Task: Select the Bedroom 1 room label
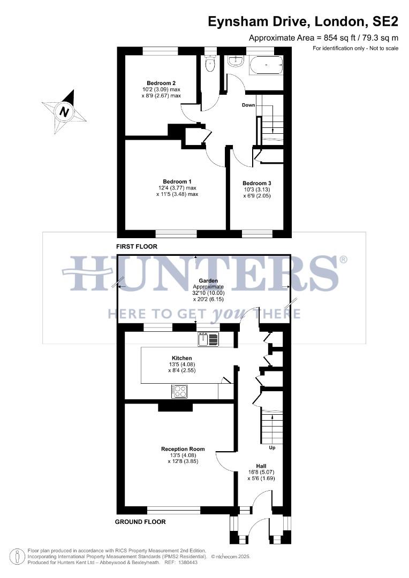click(x=177, y=181)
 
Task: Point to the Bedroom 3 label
click(x=256, y=183)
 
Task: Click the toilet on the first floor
click(x=209, y=65)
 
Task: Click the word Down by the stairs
click(x=248, y=105)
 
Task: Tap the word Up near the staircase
click(x=272, y=447)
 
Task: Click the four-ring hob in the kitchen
click(x=179, y=392)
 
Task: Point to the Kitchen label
click(x=181, y=358)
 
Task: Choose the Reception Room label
click(x=183, y=448)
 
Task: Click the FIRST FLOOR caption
click(x=136, y=247)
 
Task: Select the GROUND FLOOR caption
click(x=140, y=522)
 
